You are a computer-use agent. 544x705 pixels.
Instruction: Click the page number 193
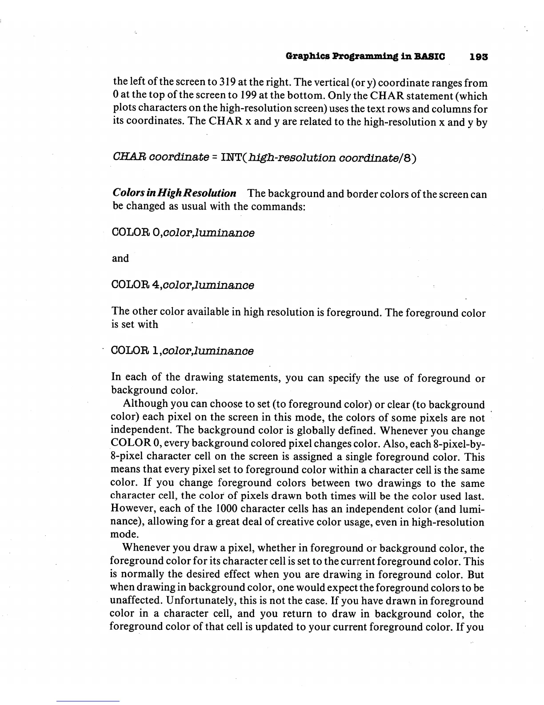[479, 57]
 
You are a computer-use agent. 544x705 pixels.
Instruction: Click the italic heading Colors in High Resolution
[174, 193]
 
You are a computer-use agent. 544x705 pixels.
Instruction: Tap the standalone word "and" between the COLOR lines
[120, 259]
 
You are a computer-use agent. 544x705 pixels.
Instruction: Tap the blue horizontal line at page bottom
[88, 701]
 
